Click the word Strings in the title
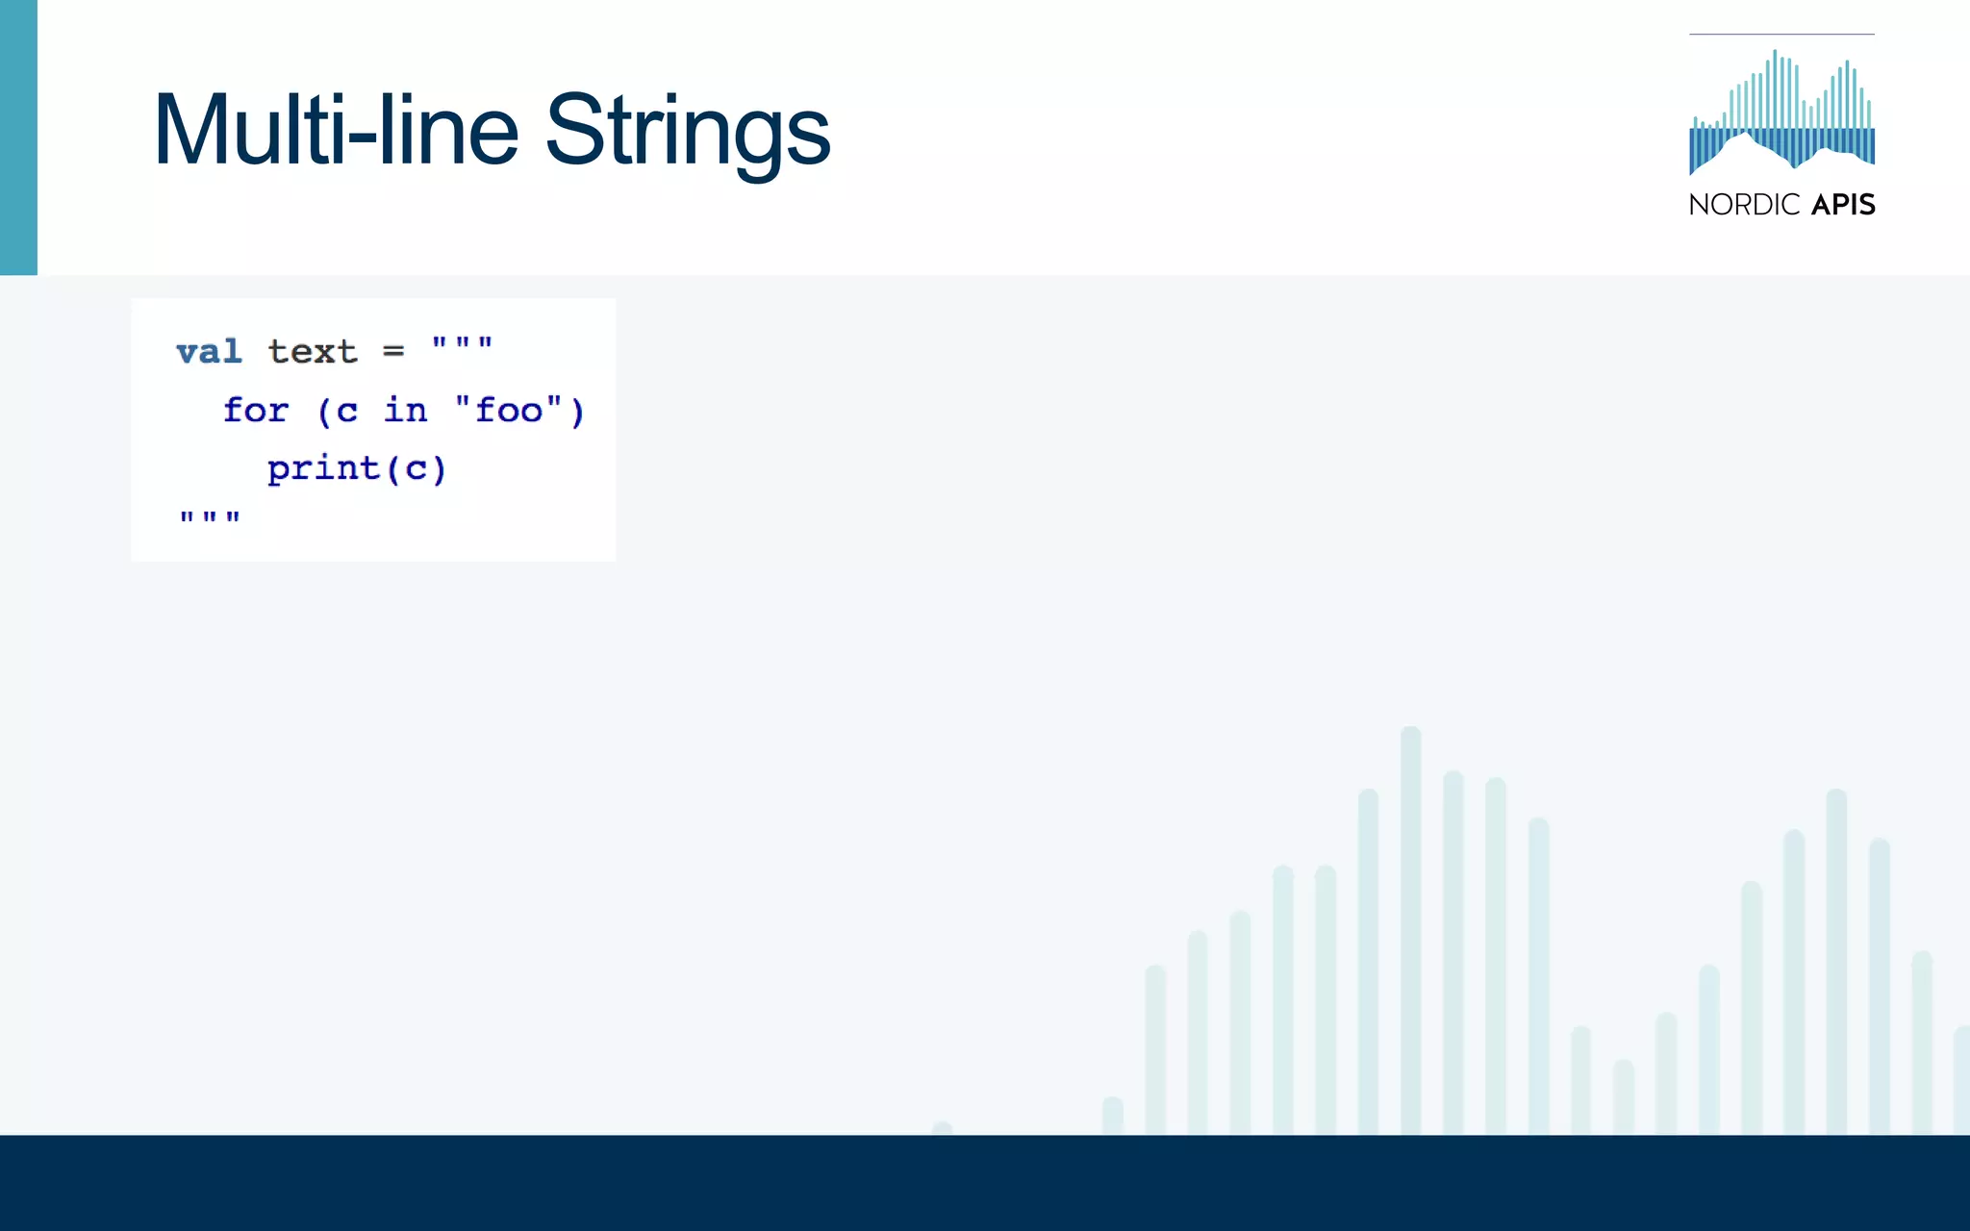pyautogui.click(x=687, y=132)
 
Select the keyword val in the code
pyautogui.click(x=209, y=352)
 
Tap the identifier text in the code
pyautogui.click(x=313, y=352)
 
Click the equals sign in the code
pyautogui.click(x=393, y=352)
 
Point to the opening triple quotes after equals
pyautogui.click(x=463, y=344)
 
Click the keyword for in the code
pyautogui.click(x=256, y=411)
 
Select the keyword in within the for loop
pyautogui.click(x=405, y=411)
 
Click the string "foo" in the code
pyautogui.click(x=509, y=411)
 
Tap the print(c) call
pyautogui.click(x=357, y=469)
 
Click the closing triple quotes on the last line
pyautogui.click(x=210, y=518)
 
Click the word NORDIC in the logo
pyautogui.click(x=1744, y=205)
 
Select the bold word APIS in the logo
pyautogui.click(x=1843, y=205)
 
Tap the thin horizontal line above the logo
pyautogui.click(x=1781, y=35)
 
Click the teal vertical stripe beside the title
pyautogui.click(x=18, y=138)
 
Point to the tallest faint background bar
pyautogui.click(x=1411, y=923)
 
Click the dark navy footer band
pyautogui.click(x=985, y=1183)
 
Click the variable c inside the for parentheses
pyautogui.click(x=347, y=413)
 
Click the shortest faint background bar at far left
pyautogui.click(x=943, y=1128)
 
